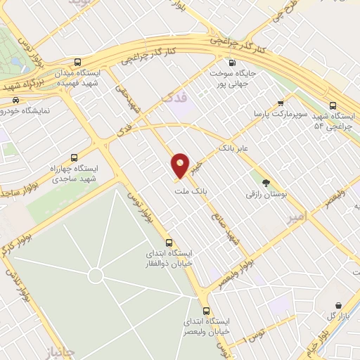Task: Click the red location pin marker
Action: point(181,165)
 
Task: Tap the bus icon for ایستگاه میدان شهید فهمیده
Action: point(77,62)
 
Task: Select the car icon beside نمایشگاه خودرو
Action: point(15,100)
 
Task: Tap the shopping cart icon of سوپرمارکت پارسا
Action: point(281,103)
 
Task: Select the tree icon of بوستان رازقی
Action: point(265,181)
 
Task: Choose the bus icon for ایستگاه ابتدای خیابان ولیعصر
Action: point(206,310)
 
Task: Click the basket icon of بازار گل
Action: point(340,306)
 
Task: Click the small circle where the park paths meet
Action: point(96,274)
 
